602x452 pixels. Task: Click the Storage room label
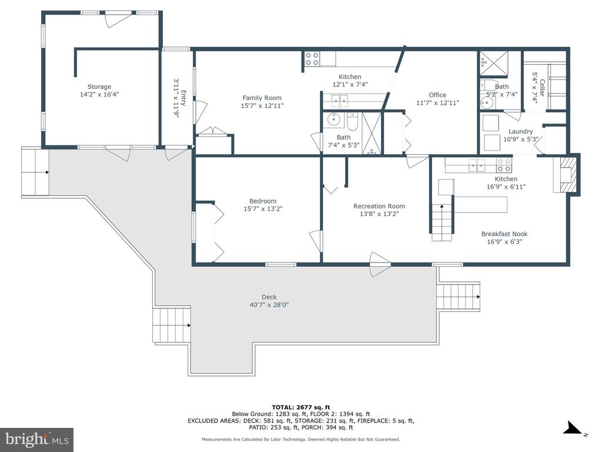(x=99, y=87)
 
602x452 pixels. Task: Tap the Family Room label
(x=262, y=98)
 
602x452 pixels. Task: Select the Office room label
(x=437, y=95)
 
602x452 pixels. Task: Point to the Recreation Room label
(x=379, y=207)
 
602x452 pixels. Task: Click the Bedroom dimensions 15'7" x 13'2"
(x=263, y=209)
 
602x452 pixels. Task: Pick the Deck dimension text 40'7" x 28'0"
(x=269, y=305)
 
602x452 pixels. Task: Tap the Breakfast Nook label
(x=504, y=234)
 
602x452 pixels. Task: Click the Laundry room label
(x=521, y=131)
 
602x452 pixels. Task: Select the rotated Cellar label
(x=542, y=88)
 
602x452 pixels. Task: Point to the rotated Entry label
(x=183, y=98)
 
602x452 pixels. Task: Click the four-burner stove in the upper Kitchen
(x=312, y=59)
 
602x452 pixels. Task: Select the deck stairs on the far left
(x=35, y=172)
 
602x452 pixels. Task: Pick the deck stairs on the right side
(x=459, y=297)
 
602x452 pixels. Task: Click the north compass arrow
(x=574, y=428)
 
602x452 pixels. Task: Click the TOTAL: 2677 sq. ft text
(x=301, y=407)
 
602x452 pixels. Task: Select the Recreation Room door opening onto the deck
(x=380, y=264)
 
